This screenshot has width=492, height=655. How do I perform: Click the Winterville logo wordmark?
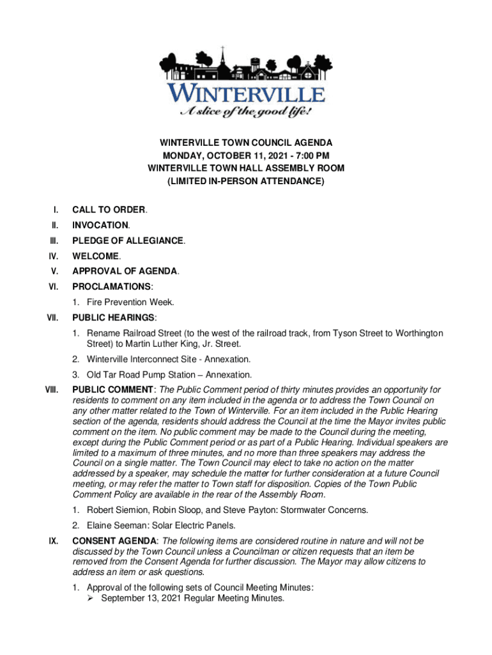click(247, 94)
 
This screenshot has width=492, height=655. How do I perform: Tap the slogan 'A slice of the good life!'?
click(245, 113)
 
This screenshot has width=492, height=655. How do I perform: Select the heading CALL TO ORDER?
click(109, 209)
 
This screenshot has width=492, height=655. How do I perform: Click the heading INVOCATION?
click(100, 225)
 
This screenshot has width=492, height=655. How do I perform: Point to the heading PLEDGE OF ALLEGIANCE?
click(128, 241)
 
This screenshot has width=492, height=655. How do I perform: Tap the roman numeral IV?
click(54, 256)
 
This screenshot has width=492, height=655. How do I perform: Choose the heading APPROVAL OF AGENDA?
click(125, 271)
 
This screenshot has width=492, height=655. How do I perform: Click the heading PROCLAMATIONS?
click(112, 287)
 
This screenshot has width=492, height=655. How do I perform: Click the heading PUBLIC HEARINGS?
click(113, 317)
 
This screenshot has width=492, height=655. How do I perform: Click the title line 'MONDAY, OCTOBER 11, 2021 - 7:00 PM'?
click(245, 155)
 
